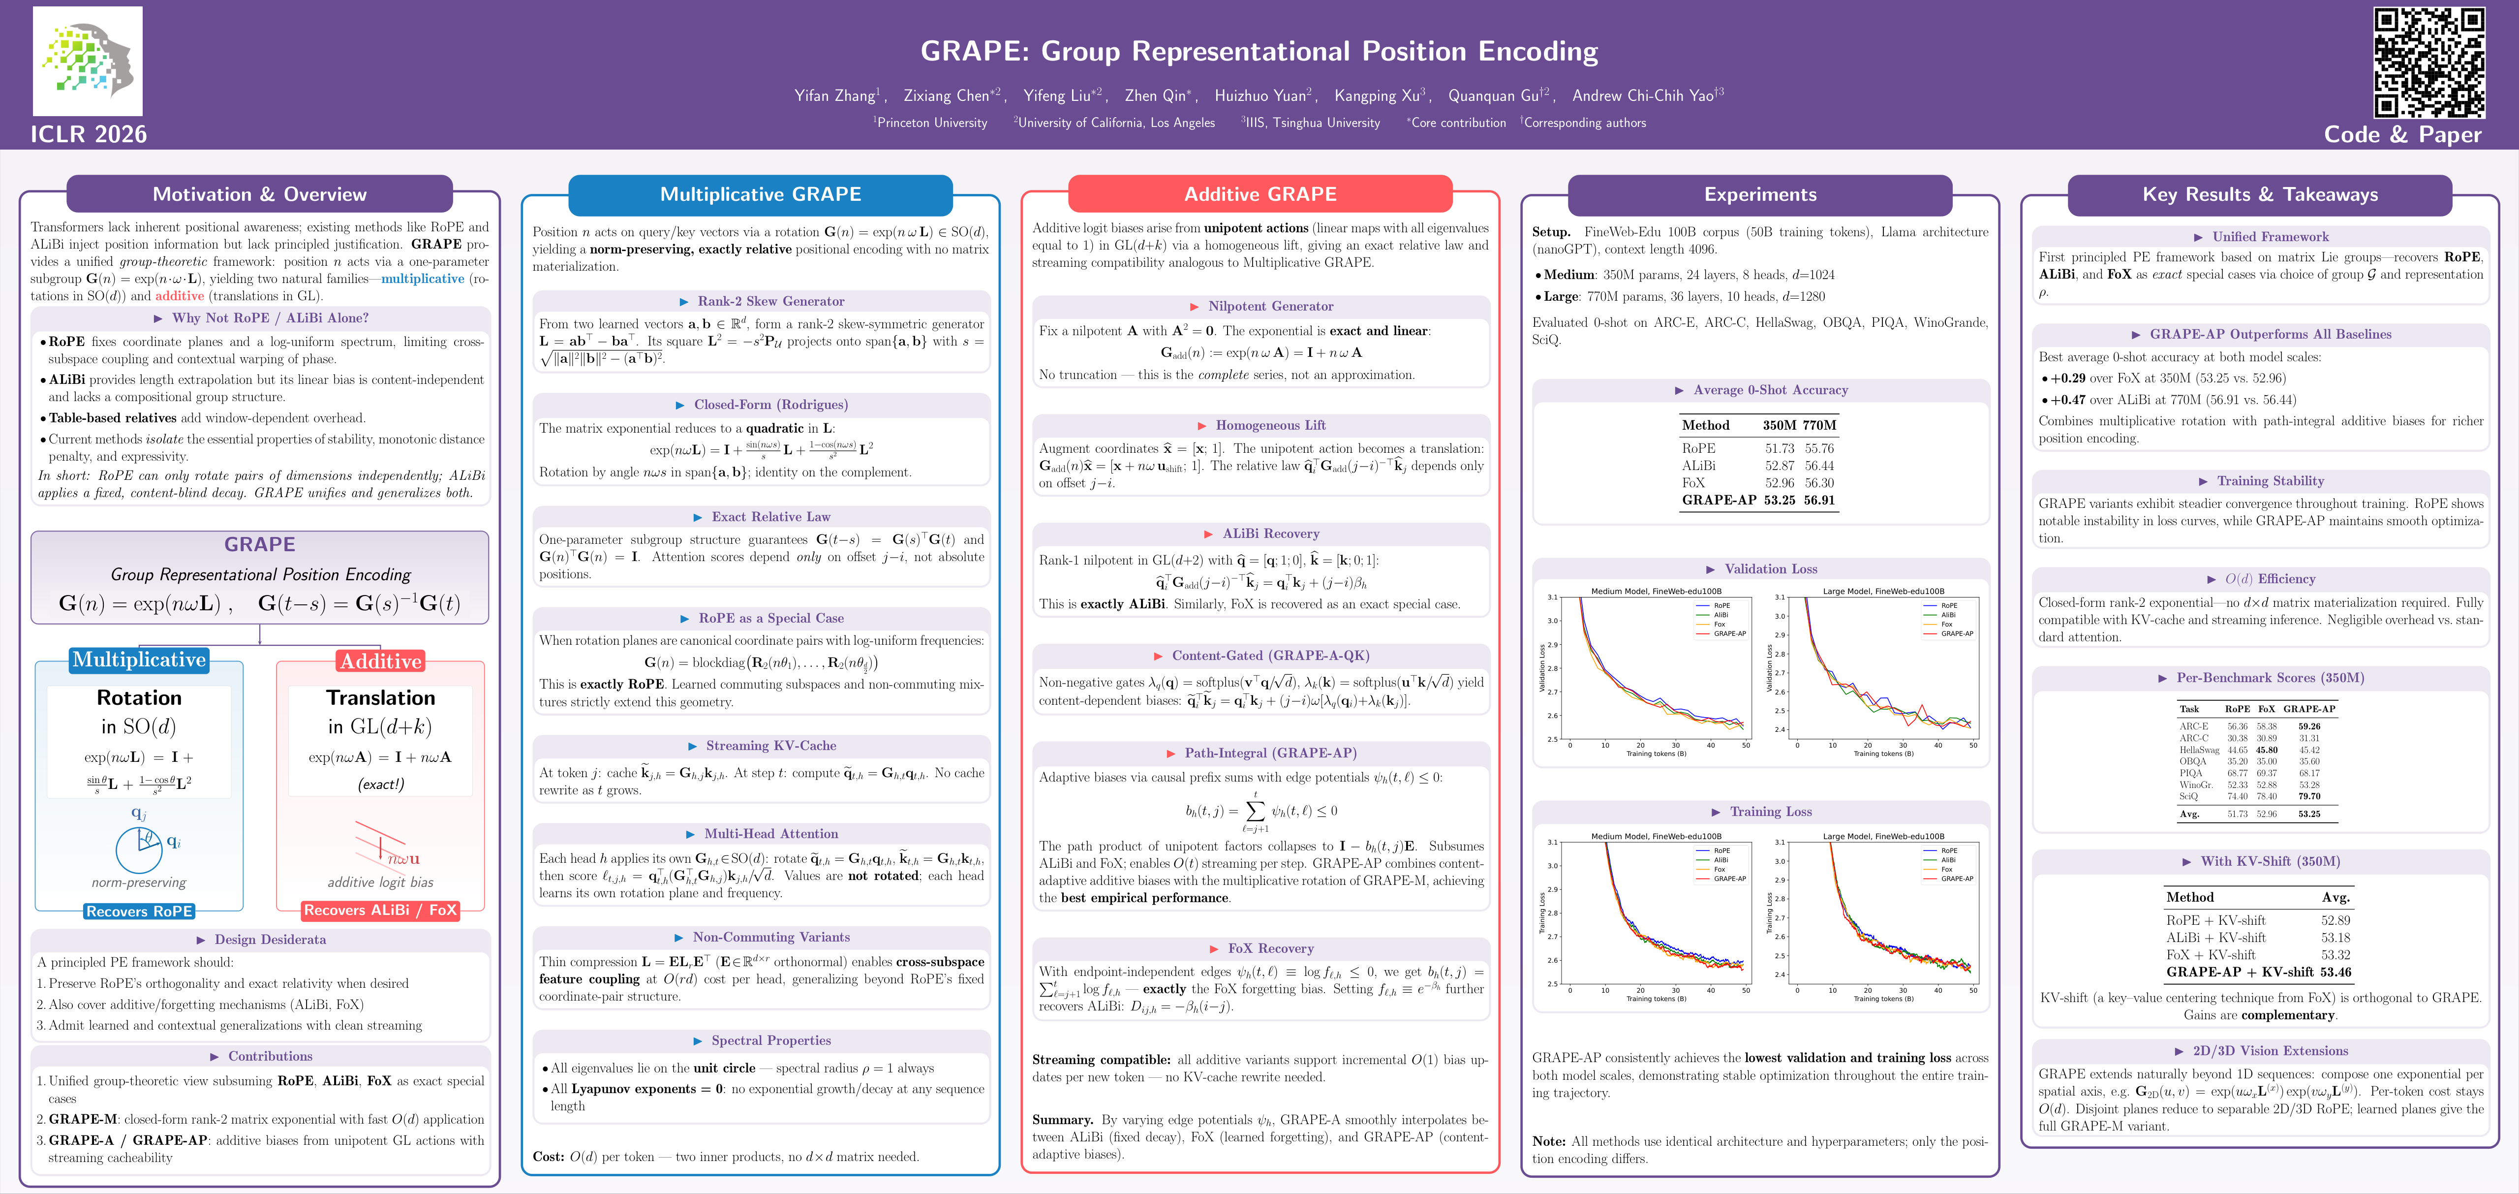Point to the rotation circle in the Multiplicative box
pos(139,849)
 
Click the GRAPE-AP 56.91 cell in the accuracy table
pos(1819,500)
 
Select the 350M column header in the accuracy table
pos(1779,425)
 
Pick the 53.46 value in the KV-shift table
pos(2335,972)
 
